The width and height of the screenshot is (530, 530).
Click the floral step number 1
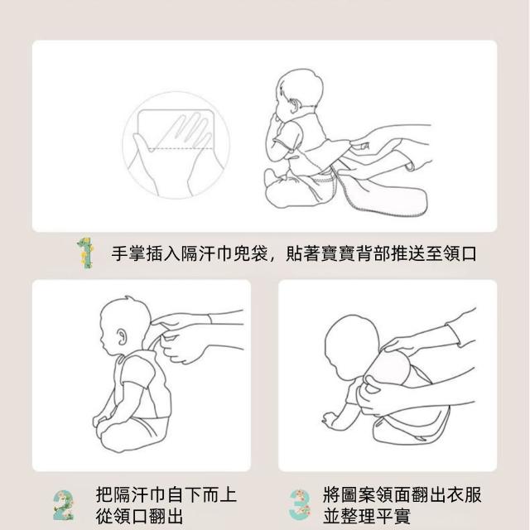pos(84,253)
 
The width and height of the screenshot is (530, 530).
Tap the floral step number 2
pos(63,505)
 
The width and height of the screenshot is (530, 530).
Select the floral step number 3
pos(300,505)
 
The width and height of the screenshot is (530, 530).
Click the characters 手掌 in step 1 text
pos(128,253)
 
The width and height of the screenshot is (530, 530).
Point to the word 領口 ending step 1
pos(460,253)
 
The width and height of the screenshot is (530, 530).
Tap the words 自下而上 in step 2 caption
pos(202,494)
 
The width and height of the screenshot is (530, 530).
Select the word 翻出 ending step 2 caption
pos(166,516)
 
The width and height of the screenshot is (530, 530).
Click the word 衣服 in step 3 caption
pos(464,494)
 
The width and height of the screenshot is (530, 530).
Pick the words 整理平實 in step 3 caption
pos(376,516)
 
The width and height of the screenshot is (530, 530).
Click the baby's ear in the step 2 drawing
pos(122,336)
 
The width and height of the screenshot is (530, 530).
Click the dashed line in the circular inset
pos(181,149)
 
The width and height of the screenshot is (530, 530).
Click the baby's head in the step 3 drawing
pos(351,346)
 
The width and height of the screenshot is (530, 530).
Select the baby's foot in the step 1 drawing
pos(272,177)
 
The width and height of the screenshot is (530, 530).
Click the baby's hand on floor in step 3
pos(330,419)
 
